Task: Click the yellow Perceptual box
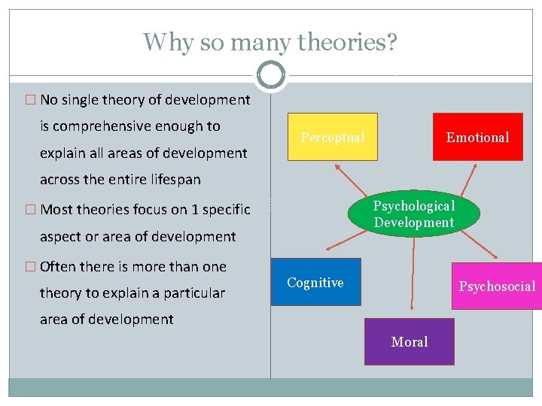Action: coord(332,137)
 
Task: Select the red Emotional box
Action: coord(477,137)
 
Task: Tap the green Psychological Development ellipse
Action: coord(413,214)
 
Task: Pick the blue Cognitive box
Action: coord(315,282)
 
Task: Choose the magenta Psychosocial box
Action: coord(497,286)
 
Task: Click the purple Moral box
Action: coord(410,341)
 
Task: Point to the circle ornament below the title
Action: coord(270,74)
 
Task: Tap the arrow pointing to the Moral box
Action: coord(412,271)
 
